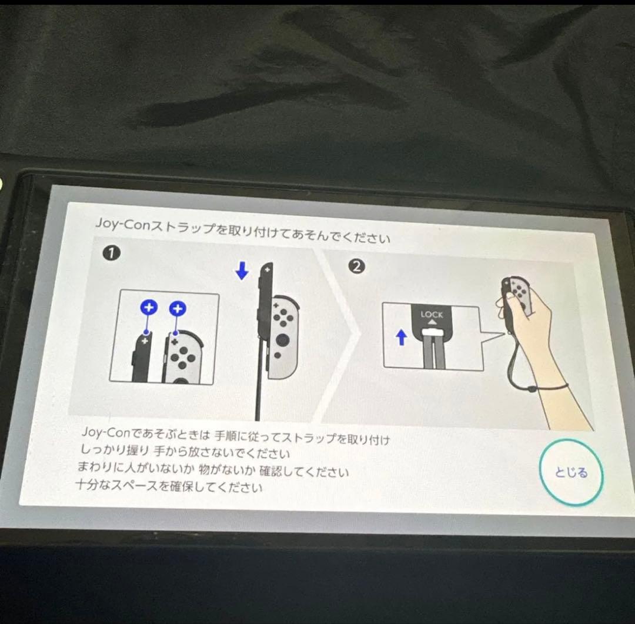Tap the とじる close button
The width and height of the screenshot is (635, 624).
571,472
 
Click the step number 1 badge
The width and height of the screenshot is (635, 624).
112,253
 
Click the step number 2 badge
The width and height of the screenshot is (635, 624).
356,266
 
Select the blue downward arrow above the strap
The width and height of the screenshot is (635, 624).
242,271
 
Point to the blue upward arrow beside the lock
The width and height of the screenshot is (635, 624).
402,338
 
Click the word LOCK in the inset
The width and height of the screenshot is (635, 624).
432,315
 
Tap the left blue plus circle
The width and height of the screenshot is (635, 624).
149,308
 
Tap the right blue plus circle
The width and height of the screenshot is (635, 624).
178,309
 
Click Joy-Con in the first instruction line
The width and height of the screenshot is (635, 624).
105,432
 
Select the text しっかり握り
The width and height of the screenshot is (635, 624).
115,449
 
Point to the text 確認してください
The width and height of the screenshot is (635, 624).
304,472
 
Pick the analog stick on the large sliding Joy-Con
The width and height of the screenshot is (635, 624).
282,339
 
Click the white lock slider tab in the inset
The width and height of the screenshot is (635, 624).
432,332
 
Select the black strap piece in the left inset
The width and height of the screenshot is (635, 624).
141,356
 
